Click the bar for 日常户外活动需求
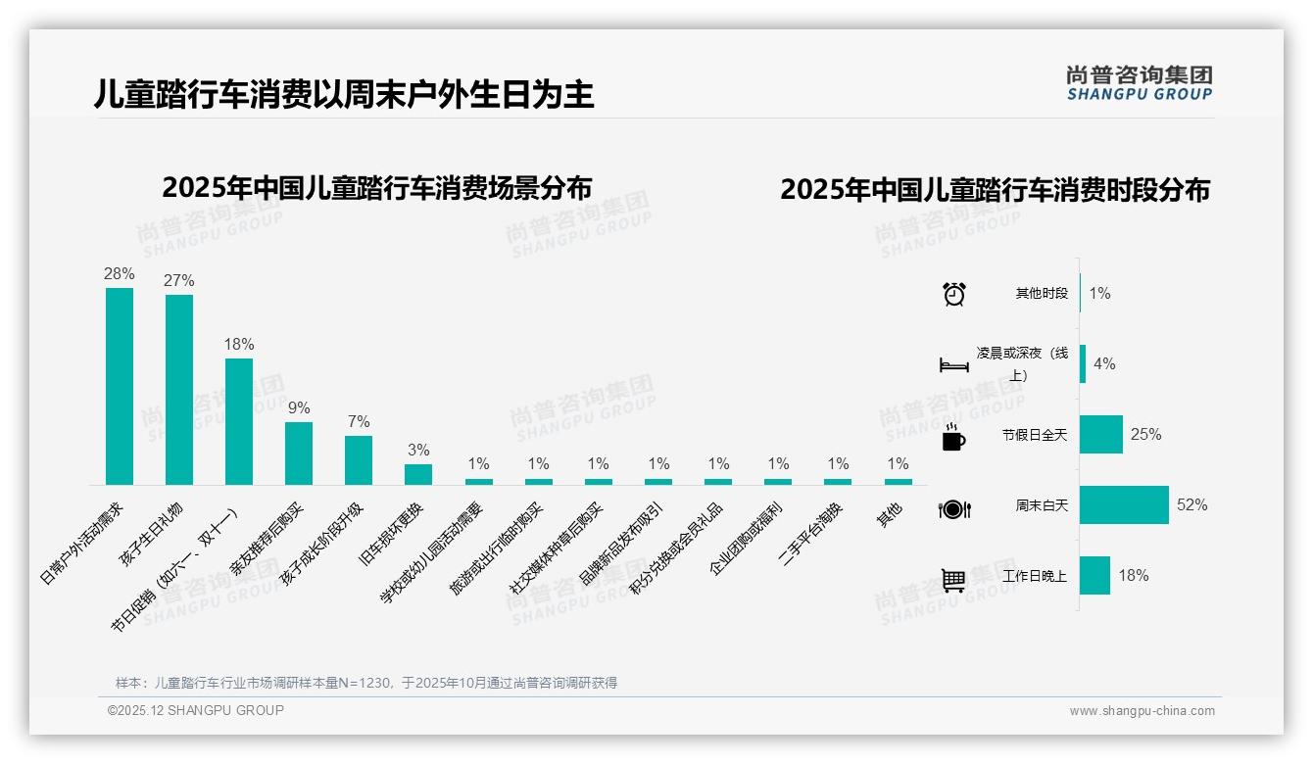click(x=120, y=386)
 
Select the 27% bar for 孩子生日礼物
click(x=179, y=390)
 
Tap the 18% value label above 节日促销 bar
click(x=239, y=345)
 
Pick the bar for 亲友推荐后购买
click(x=299, y=454)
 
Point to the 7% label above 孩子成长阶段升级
click(x=359, y=422)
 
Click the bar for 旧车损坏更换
click(x=418, y=474)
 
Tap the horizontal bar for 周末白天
click(x=1124, y=505)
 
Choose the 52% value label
click(x=1192, y=505)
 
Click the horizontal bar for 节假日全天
click(x=1101, y=435)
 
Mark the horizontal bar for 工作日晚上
click(x=1094, y=576)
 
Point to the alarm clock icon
click(x=954, y=294)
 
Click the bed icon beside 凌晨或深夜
click(x=954, y=365)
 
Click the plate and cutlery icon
click(x=954, y=508)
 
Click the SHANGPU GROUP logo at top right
click(x=1139, y=83)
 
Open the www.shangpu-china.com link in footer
click(x=1142, y=711)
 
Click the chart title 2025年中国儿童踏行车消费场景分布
click(x=377, y=188)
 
